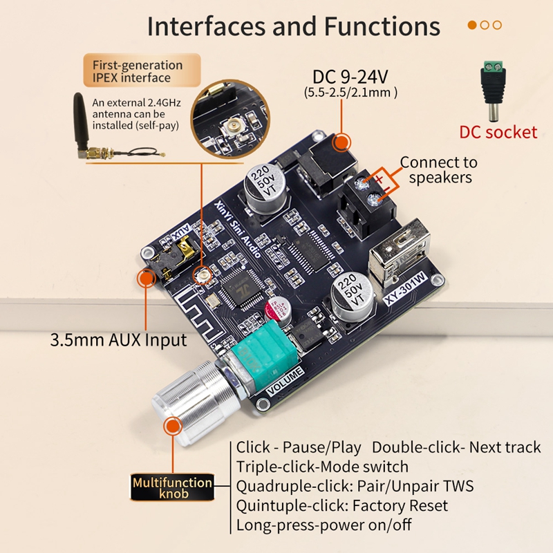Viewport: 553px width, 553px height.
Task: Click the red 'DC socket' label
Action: coord(498,132)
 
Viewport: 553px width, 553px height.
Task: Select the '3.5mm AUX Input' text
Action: coord(118,340)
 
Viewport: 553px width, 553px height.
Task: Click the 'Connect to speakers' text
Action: coord(439,169)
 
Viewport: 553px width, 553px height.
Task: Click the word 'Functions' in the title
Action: coord(382,26)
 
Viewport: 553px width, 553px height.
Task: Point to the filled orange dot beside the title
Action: coord(473,25)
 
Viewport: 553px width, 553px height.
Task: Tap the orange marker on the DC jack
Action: coord(341,143)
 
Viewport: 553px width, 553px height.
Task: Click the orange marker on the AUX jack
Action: coord(145,279)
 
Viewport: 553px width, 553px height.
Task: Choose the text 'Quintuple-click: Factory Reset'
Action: coord(342,505)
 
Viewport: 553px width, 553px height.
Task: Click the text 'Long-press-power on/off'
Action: coord(324,525)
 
